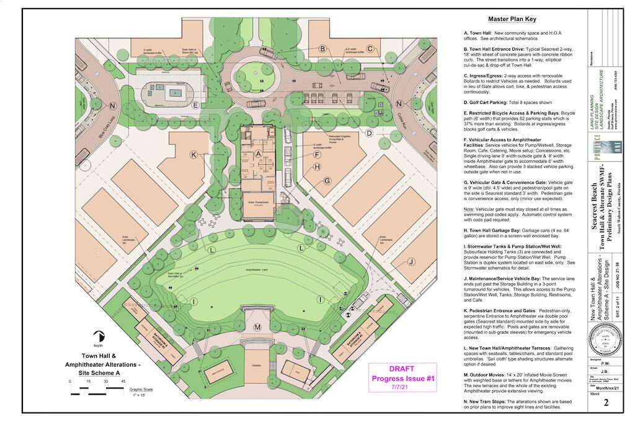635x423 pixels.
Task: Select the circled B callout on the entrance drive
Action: [322, 48]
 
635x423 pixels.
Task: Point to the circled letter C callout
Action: [370, 49]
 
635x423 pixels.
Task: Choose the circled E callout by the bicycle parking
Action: [195, 105]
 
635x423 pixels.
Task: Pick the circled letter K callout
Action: [193, 154]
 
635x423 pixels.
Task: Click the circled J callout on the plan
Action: [411, 262]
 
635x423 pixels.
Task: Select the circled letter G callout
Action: [327, 181]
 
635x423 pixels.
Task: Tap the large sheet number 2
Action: [605, 403]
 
